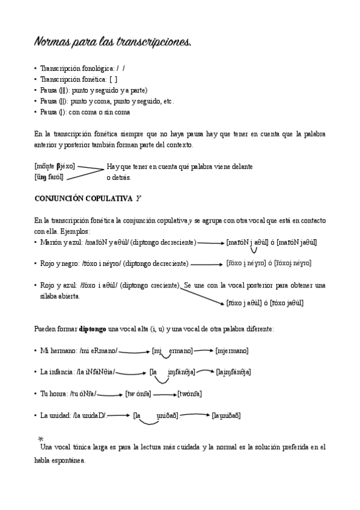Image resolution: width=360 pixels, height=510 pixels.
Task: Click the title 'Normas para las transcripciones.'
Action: coord(113,43)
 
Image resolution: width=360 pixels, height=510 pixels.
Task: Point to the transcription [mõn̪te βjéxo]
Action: coord(55,166)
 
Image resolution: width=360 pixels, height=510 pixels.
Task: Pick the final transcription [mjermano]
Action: coord(232,351)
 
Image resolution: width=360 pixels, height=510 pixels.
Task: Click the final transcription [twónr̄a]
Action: coord(189,394)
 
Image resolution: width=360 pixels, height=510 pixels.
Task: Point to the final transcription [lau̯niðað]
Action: coord(227,416)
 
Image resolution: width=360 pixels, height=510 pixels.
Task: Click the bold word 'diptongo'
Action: coord(93,329)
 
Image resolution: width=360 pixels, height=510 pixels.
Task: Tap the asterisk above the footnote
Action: coord(40,439)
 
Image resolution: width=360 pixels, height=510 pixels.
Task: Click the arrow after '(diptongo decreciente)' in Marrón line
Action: coord(210,242)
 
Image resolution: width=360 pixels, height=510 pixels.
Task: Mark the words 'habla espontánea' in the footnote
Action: coord(60,461)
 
